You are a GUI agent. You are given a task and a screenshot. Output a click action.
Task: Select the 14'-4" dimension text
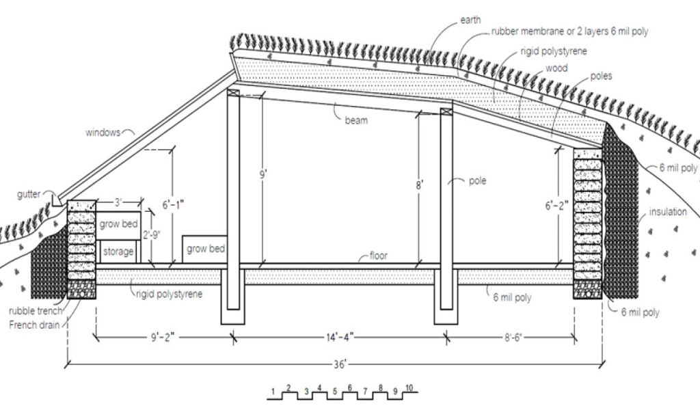click(x=340, y=336)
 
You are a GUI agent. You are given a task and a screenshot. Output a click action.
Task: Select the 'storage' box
click(x=118, y=251)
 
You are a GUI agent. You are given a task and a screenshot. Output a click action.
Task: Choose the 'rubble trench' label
click(x=35, y=312)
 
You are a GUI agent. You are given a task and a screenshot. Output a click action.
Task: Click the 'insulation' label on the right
click(x=668, y=212)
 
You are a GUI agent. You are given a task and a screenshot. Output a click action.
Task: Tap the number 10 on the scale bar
click(x=409, y=388)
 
